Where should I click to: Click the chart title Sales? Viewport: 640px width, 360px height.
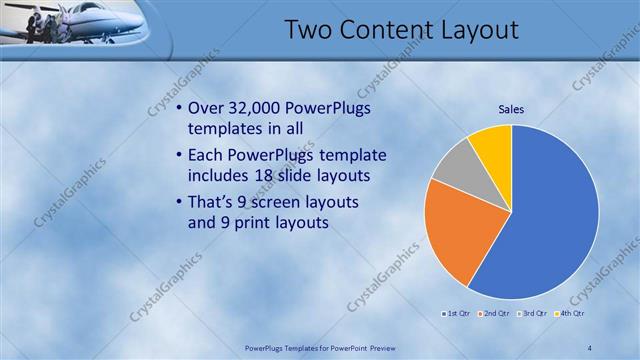tap(512, 109)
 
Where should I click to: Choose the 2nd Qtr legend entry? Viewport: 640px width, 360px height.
tap(495, 313)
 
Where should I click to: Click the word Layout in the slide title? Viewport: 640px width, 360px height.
tap(473, 30)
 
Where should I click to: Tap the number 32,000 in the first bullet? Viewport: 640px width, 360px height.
tap(260, 108)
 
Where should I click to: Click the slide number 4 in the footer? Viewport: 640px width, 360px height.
tap(590, 347)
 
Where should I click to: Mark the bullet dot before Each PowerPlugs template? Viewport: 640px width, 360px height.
tap(178, 155)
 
